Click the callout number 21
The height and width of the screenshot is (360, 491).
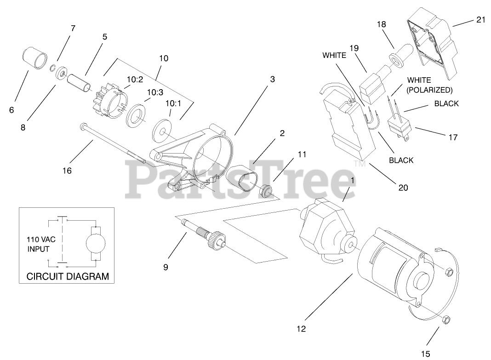(x=468, y=20)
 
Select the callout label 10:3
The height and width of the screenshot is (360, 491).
(x=155, y=92)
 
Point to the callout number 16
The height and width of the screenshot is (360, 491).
(x=67, y=171)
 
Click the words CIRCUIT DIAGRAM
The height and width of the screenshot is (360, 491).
(x=68, y=276)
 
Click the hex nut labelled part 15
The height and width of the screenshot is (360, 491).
(x=445, y=320)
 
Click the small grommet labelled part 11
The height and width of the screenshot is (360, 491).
(x=266, y=189)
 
